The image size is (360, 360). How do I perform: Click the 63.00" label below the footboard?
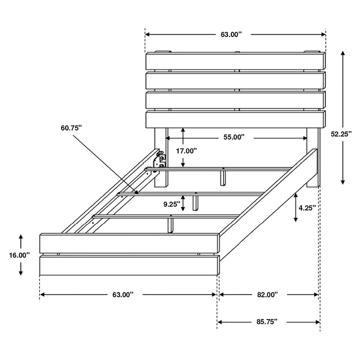(x=123, y=295)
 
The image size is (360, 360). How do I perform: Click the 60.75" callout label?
(x=71, y=128)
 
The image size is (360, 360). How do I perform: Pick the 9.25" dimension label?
(x=172, y=203)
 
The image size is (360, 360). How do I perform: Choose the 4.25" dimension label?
(x=307, y=207)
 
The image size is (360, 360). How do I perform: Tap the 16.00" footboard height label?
(x=19, y=255)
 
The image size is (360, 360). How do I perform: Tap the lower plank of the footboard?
(x=130, y=265)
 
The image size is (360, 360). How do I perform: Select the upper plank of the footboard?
(x=130, y=243)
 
